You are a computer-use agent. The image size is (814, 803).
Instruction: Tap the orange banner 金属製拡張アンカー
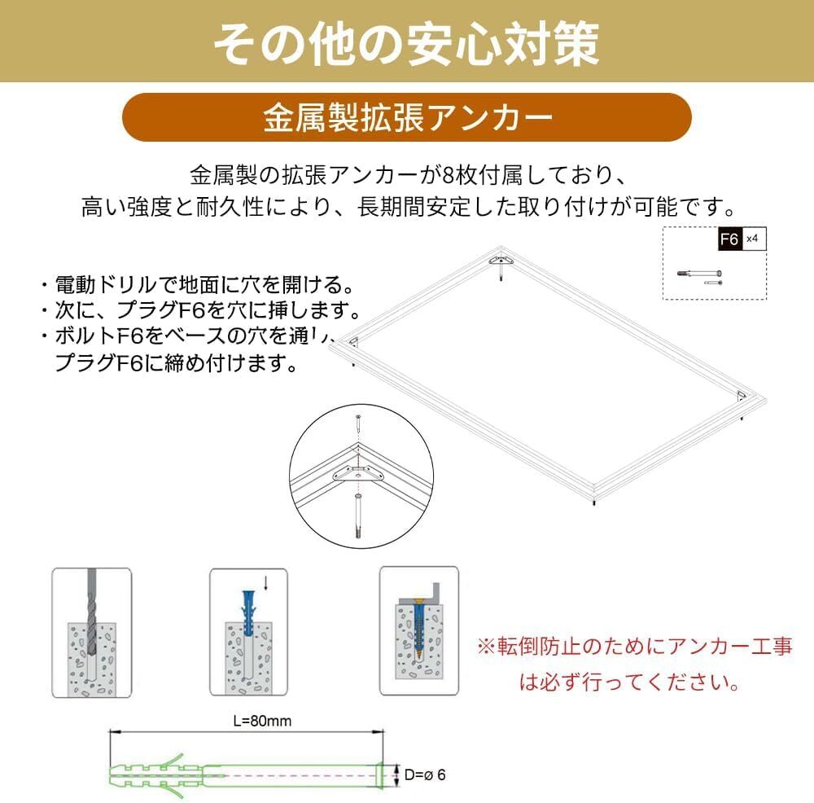406,117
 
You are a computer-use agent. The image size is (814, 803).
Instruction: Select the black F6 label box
729,240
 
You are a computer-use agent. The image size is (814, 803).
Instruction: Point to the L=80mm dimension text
262,721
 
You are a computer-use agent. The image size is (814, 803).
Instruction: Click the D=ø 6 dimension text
423,774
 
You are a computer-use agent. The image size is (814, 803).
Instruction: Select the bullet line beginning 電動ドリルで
195,285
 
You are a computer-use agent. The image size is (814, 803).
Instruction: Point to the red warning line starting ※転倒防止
634,647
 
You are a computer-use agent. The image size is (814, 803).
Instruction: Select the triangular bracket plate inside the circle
357,472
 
